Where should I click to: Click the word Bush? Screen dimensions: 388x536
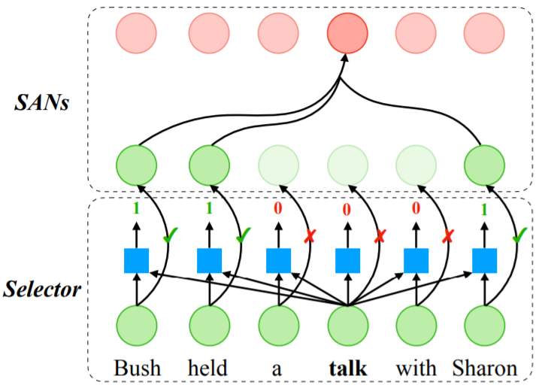click(137, 368)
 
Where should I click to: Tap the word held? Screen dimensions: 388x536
click(208, 368)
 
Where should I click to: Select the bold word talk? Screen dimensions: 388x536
click(347, 368)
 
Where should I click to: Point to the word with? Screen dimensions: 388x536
click(416, 368)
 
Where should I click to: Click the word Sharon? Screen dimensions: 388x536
click(485, 368)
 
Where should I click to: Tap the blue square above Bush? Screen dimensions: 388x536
click(137, 260)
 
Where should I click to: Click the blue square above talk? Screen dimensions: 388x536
click(347, 260)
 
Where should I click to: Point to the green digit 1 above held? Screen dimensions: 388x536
click(208, 207)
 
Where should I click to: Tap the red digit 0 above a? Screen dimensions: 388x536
click(278, 207)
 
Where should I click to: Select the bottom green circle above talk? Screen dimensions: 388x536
click(347, 326)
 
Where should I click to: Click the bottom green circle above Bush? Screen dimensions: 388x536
click(137, 326)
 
